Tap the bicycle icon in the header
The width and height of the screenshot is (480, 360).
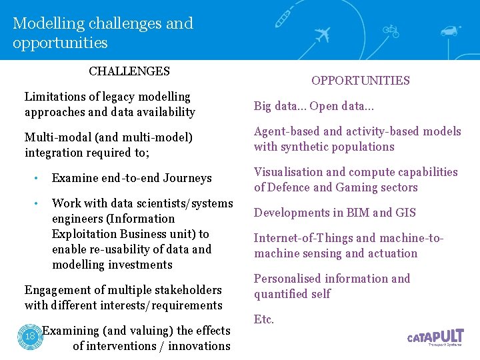point(391,31)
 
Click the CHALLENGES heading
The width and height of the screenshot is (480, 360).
point(129,71)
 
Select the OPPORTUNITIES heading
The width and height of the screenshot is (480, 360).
point(361,81)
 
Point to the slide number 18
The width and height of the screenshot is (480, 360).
point(29,336)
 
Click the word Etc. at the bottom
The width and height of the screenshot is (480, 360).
point(264,319)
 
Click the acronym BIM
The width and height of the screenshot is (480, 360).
point(358,213)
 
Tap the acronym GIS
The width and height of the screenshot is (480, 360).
point(405,213)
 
